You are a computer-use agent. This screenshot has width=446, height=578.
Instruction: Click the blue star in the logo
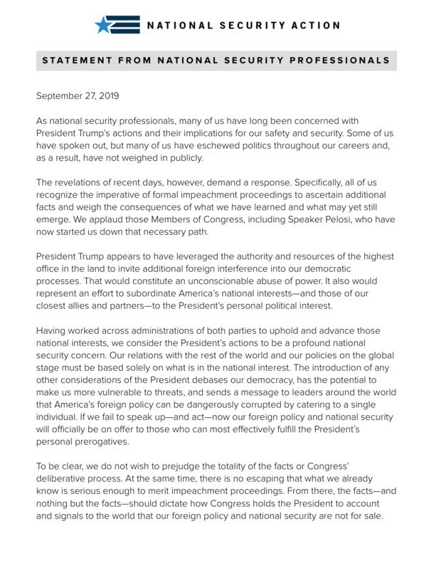coord(104,25)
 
